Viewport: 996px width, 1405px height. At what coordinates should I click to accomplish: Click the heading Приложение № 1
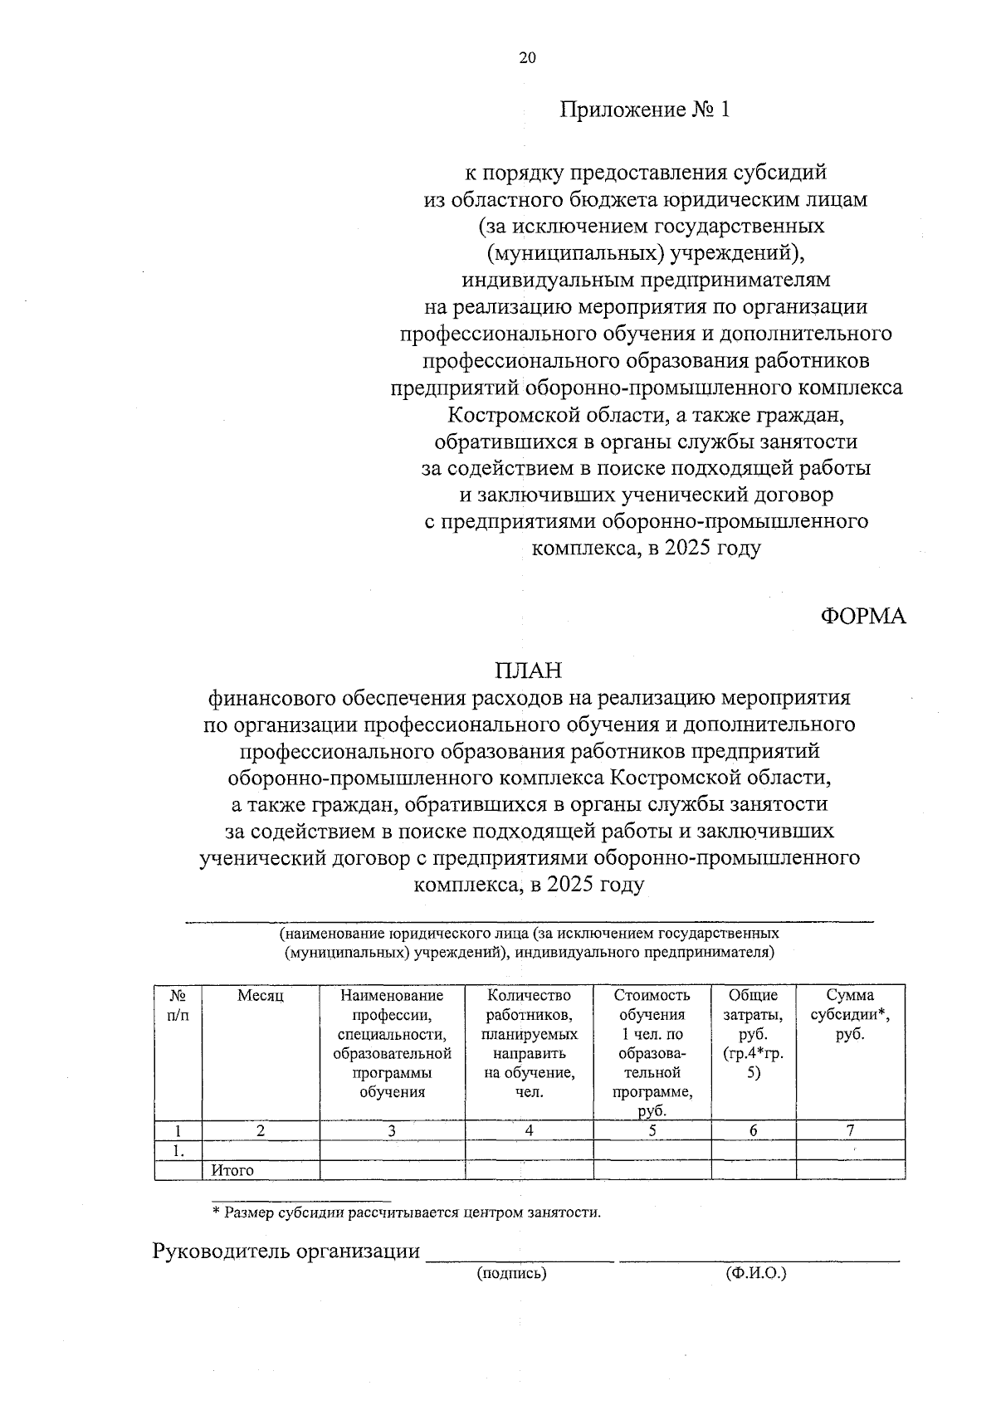644,110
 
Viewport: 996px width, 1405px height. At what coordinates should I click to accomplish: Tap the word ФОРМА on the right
863,616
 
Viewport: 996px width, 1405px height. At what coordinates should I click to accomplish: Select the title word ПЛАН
529,670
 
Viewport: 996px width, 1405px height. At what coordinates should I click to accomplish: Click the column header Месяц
261,996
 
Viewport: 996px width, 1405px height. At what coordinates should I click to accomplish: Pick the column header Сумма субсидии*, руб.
850,1014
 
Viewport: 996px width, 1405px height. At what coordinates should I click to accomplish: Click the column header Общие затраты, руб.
753,1033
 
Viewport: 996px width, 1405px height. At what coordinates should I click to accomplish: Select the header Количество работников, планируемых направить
529,1043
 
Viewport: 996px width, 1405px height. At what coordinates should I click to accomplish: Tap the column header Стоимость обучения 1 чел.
652,1052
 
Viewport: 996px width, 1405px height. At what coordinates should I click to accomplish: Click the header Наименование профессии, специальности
392,1043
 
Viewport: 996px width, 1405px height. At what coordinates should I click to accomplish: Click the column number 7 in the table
850,1129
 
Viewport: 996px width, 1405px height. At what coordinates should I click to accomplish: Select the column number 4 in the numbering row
529,1129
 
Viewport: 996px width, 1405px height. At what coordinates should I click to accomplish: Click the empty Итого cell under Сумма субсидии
850,1170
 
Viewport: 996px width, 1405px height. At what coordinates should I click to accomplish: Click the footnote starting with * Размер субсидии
406,1212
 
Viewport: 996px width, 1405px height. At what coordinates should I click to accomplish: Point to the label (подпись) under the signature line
511,1273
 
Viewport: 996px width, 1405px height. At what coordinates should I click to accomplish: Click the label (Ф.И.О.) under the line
754,1273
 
